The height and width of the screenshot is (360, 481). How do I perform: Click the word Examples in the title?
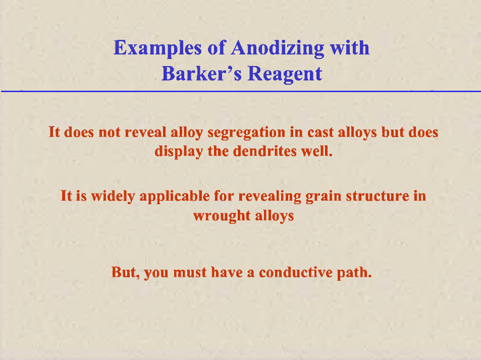point(157,48)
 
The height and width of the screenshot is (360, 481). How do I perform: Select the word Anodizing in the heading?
point(278,48)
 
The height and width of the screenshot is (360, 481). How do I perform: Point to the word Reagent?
point(285,74)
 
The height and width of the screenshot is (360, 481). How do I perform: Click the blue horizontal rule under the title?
point(241,91)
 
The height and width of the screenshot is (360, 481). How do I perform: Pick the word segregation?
point(246,133)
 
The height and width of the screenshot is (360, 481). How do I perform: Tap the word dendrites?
point(264,151)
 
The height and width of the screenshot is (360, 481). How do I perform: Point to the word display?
point(179,151)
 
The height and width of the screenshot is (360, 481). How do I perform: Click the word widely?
point(113,196)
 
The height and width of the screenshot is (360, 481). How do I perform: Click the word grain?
point(324,197)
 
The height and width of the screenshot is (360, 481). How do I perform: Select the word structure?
point(378,196)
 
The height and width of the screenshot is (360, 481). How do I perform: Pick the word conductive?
point(296,272)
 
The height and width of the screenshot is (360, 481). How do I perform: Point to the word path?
point(354,272)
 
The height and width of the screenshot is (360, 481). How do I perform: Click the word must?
point(190,273)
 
